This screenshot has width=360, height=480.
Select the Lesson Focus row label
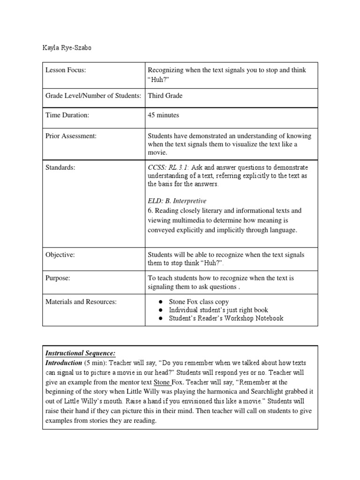(x=66, y=70)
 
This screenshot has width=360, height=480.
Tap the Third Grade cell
(x=165, y=96)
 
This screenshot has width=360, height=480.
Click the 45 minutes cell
(x=163, y=115)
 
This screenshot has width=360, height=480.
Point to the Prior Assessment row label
(x=71, y=136)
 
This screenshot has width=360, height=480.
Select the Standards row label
(x=61, y=167)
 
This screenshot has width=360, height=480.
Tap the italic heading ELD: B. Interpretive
(x=177, y=201)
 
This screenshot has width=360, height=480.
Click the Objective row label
(x=60, y=255)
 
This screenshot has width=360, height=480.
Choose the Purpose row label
(x=58, y=278)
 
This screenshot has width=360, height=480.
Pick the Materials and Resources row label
(x=81, y=302)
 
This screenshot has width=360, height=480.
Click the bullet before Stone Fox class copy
(x=160, y=302)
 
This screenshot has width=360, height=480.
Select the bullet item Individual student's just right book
(x=218, y=310)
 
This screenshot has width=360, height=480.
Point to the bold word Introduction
(x=63, y=363)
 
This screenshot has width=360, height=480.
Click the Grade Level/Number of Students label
(x=93, y=96)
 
